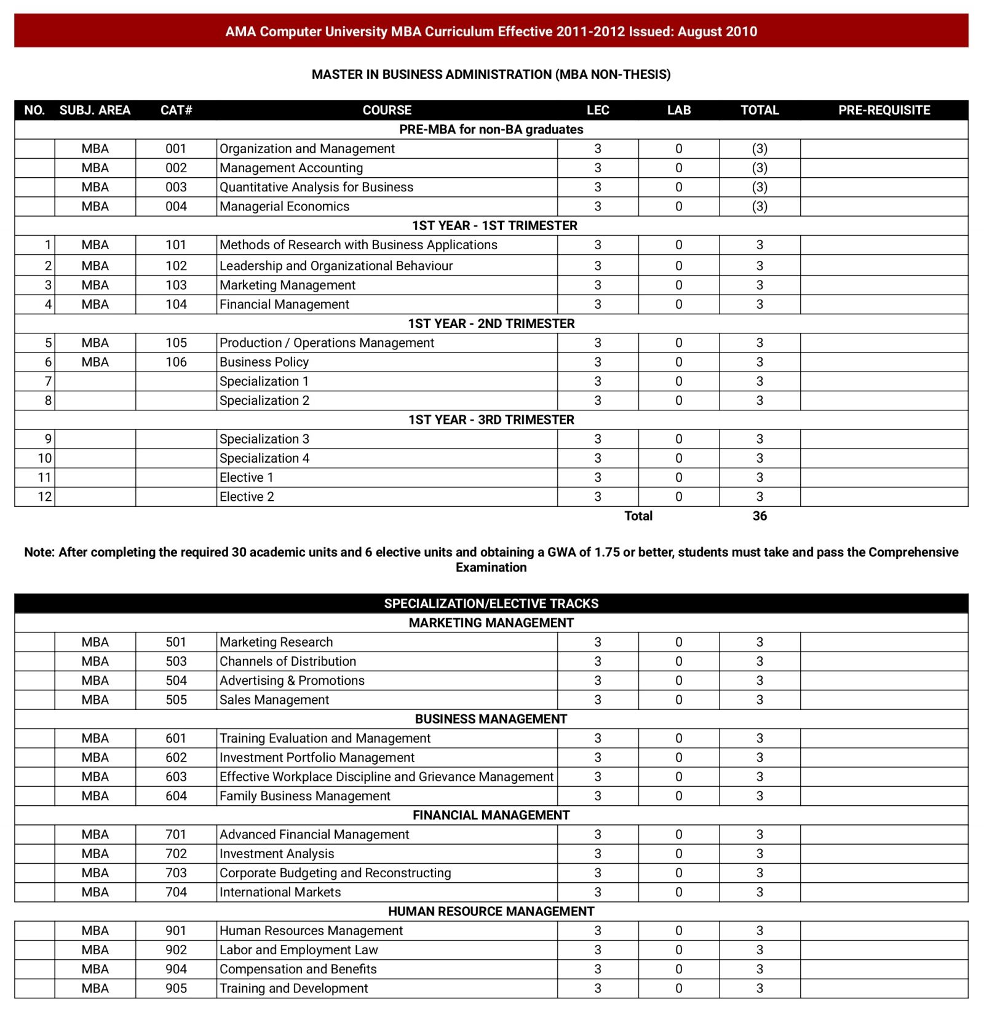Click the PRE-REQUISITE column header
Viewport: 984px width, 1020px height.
pyautogui.click(x=884, y=110)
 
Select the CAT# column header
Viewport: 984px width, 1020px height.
pyautogui.click(x=176, y=110)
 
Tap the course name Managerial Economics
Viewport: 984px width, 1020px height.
pyautogui.click(x=284, y=207)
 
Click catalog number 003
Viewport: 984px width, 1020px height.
pyautogui.click(x=176, y=187)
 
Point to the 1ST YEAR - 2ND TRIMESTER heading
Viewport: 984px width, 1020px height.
pyautogui.click(x=491, y=324)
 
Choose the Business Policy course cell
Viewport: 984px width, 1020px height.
pyautogui.click(x=264, y=362)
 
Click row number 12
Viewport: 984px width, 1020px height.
pyautogui.click(x=45, y=497)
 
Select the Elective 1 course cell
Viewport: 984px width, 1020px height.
pyautogui.click(x=246, y=477)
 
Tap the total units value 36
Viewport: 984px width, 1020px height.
pyautogui.click(x=760, y=516)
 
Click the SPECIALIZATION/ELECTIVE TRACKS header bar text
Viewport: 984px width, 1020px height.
pyautogui.click(x=491, y=604)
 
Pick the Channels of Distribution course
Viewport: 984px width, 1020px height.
pyautogui.click(x=288, y=661)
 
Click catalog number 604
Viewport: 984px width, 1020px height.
pyautogui.click(x=176, y=796)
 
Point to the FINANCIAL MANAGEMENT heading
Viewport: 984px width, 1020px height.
pyautogui.click(x=491, y=815)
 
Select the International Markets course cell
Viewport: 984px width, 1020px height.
pyautogui.click(x=280, y=892)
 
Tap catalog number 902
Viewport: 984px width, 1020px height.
pyautogui.click(x=176, y=950)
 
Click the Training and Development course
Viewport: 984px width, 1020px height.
pyautogui.click(x=293, y=989)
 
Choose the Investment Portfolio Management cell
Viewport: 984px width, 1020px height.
pyautogui.click(x=317, y=758)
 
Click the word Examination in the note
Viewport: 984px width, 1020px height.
pyautogui.click(x=491, y=568)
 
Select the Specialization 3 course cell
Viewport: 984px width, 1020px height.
pyautogui.click(x=264, y=439)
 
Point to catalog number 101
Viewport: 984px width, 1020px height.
pyautogui.click(x=176, y=245)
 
